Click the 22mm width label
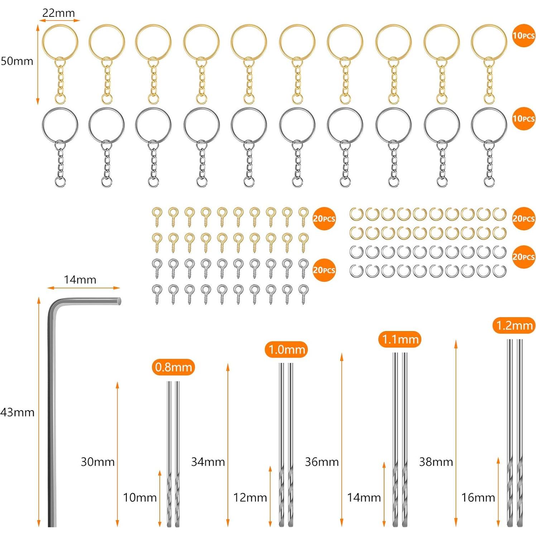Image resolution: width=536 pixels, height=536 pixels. click(58, 13)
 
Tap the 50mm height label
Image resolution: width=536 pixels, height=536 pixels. click(17, 61)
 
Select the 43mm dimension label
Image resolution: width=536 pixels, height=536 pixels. click(17, 412)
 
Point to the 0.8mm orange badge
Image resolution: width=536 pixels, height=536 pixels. click(173, 367)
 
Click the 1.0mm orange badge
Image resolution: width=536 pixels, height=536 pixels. click(286, 350)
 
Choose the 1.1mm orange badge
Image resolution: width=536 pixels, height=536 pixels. click(400, 339)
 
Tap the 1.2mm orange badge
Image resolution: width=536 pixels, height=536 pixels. click(514, 325)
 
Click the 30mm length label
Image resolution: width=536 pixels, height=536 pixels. click(97, 461)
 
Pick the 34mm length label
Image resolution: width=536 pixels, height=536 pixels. click(208, 461)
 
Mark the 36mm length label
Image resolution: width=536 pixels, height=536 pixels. click(322, 461)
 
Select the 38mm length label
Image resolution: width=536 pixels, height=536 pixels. click(436, 461)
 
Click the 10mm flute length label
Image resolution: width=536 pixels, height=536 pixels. click(140, 497)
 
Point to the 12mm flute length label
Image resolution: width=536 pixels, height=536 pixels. click(250, 497)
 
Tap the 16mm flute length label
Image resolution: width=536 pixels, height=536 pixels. click(478, 497)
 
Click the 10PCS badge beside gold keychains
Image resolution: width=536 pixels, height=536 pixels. click(523, 35)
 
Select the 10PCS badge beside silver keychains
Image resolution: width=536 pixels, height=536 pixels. click(523, 119)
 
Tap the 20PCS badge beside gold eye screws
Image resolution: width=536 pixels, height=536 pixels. click(324, 219)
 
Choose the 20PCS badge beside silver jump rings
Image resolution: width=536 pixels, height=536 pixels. click(523, 257)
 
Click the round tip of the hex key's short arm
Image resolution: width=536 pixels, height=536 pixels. click(119, 301)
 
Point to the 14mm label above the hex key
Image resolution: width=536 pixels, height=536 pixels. click(80, 279)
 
